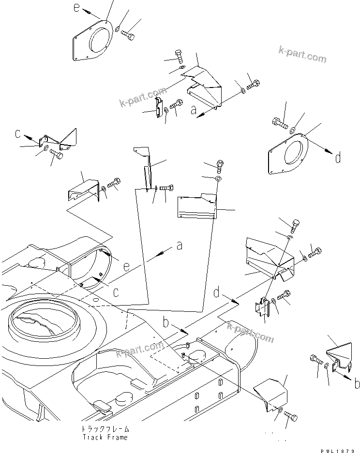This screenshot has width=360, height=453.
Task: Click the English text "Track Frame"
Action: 105,437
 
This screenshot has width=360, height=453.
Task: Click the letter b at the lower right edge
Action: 356,384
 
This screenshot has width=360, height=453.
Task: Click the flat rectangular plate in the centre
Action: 195,207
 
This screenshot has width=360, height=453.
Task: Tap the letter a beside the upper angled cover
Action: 194,111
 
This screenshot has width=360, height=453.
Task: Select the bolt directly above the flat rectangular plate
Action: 220,166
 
